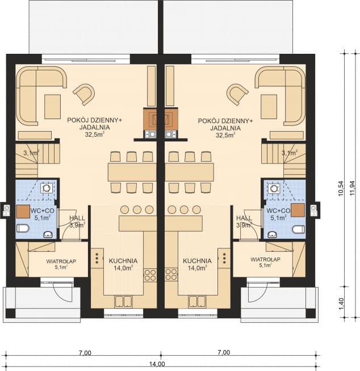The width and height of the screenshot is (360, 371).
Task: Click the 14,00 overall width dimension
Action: point(157,364)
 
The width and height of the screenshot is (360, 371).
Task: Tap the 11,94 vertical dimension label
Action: point(353,188)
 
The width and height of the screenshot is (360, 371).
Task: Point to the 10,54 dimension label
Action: point(341,188)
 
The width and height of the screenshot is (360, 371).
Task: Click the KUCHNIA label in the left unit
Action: point(123,261)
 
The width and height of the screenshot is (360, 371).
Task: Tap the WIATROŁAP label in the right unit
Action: point(265,259)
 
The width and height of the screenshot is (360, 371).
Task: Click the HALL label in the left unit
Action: point(77,218)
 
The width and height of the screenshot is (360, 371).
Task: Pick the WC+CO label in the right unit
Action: point(278,210)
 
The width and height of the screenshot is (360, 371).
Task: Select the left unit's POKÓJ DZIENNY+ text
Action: point(94,120)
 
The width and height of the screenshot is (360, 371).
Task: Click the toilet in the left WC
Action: point(23,228)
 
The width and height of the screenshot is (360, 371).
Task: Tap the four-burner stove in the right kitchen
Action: point(171,275)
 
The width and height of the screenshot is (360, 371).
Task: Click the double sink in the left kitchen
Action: point(123,302)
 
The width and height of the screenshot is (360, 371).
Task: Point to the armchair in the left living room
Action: point(84,94)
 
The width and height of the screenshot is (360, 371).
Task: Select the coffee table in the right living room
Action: point(269,107)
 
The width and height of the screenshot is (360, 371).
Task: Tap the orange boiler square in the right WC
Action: point(298,210)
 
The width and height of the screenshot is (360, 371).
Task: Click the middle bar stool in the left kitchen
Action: point(137,209)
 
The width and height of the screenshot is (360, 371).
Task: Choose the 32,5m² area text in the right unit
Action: point(225,135)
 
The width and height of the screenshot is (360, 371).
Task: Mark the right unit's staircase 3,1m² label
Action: point(290,153)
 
